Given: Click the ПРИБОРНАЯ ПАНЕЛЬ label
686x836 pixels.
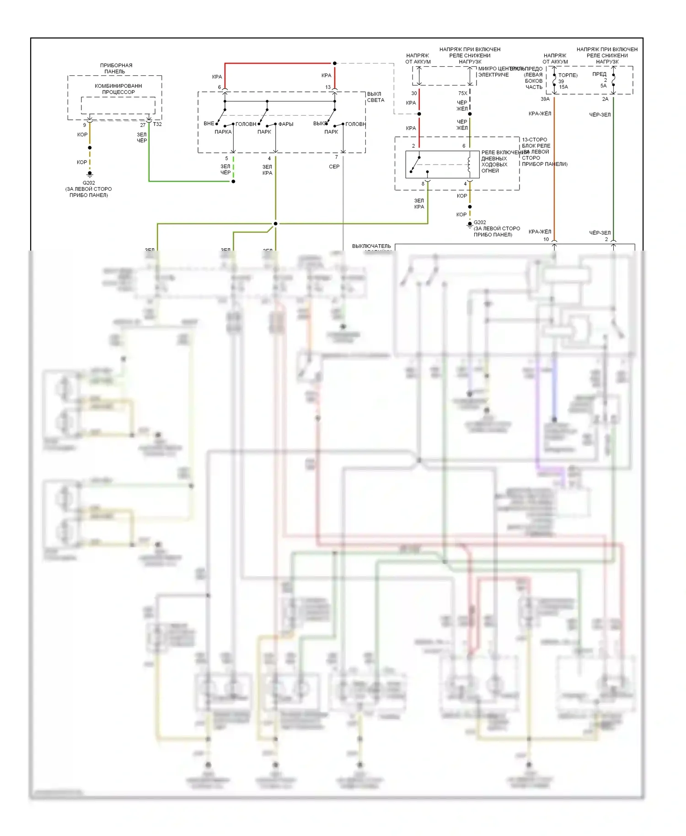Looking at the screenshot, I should click(x=116, y=68).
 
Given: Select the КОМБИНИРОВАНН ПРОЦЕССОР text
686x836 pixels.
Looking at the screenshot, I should click(x=118, y=89).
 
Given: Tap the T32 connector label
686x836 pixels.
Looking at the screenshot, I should click(x=157, y=124).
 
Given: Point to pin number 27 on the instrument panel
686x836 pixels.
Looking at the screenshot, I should click(x=143, y=125).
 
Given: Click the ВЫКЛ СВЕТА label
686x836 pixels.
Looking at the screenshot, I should click(x=375, y=97).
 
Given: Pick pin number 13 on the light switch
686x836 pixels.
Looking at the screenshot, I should click(x=328, y=87).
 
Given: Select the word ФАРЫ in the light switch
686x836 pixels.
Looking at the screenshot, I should click(x=286, y=124).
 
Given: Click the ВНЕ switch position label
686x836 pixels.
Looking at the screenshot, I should click(x=209, y=123).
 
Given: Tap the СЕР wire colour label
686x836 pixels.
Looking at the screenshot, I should click(x=334, y=166).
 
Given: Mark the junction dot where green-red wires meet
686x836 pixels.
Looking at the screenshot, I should click(x=275, y=224).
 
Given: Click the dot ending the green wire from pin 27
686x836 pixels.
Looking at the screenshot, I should click(x=233, y=182).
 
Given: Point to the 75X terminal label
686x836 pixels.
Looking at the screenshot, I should click(x=463, y=93).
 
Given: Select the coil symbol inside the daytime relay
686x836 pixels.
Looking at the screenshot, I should click(x=469, y=164).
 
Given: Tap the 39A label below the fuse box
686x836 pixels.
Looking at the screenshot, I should click(x=545, y=99).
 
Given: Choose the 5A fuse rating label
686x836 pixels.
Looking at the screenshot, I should click(x=603, y=86).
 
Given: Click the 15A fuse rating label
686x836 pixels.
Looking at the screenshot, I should click(x=563, y=87).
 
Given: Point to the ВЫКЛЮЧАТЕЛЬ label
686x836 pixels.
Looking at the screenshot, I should click(x=371, y=246).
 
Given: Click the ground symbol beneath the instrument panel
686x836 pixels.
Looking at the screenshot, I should click(x=90, y=174).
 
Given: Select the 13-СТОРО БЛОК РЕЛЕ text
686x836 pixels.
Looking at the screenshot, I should click(x=536, y=143).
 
